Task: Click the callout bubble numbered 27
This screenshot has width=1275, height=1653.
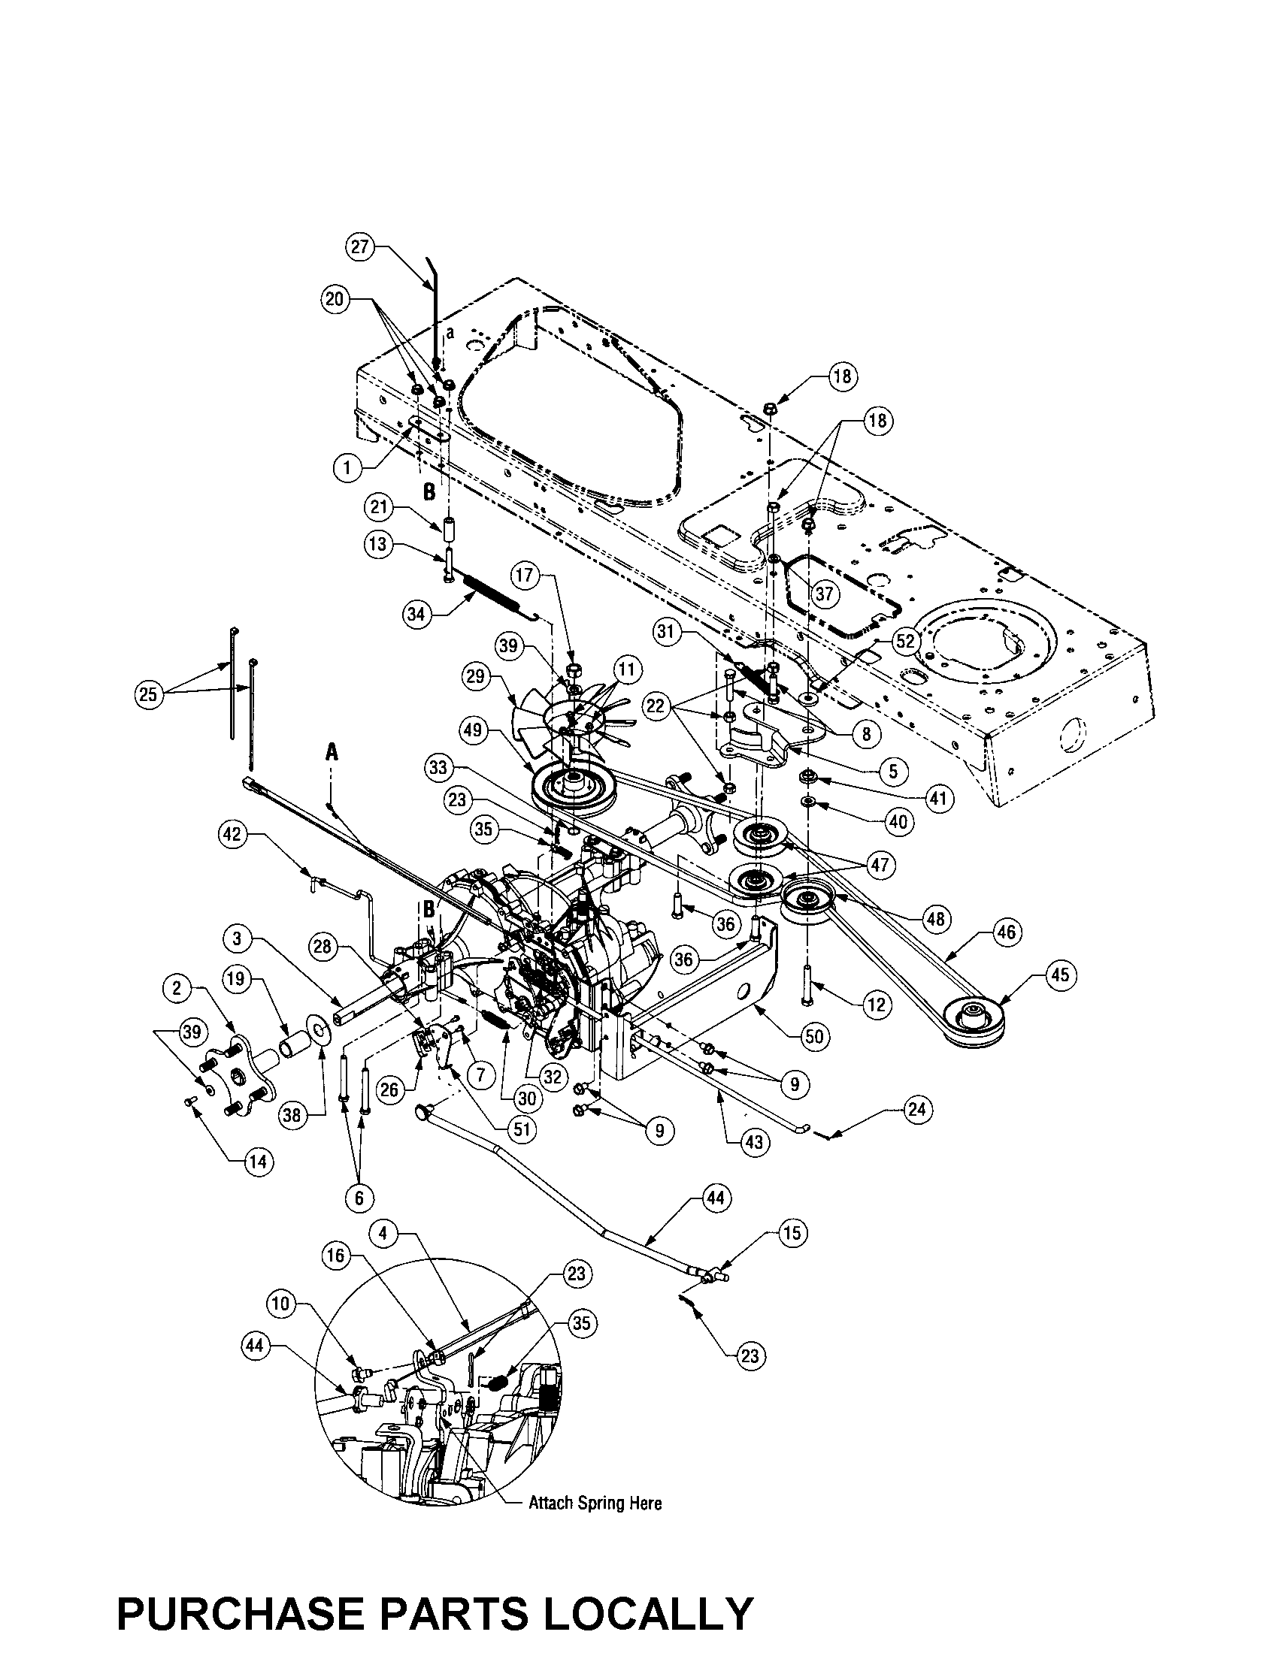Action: tap(361, 247)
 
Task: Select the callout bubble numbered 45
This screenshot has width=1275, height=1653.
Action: tap(1060, 974)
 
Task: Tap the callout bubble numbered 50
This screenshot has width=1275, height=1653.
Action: tap(814, 1035)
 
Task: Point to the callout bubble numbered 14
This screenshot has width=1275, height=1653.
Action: tap(258, 1161)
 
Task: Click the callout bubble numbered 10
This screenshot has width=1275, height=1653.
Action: tap(280, 1304)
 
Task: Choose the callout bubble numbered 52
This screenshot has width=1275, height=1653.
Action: tap(906, 641)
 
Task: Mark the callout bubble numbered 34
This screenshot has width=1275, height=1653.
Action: tap(416, 614)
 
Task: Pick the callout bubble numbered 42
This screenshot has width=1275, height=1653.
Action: tap(232, 835)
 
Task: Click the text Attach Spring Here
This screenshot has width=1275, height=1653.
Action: tap(595, 1503)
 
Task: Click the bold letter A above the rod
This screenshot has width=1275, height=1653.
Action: tap(331, 751)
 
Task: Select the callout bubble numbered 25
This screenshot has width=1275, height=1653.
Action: tap(148, 694)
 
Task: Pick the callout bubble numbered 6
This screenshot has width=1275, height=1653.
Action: tap(359, 1198)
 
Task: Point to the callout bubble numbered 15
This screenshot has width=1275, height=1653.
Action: tap(792, 1233)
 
